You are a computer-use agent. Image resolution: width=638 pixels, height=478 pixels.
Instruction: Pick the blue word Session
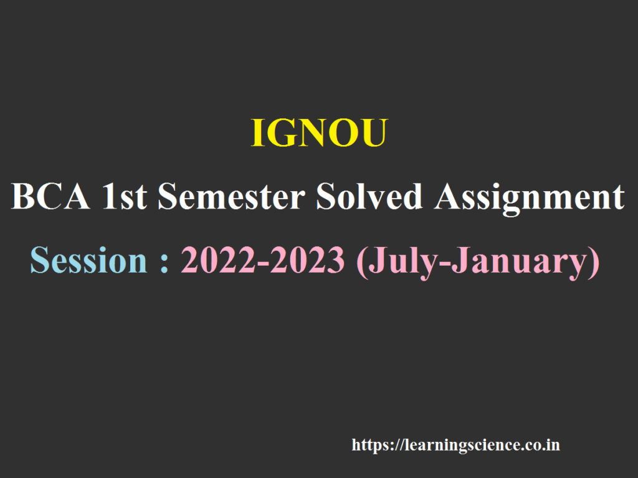(x=88, y=260)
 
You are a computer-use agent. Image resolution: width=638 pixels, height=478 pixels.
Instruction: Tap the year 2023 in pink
(x=308, y=260)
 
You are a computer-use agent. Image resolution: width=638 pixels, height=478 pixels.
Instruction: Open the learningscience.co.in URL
(x=455, y=446)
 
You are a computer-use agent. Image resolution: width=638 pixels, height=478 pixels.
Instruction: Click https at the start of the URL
(x=369, y=446)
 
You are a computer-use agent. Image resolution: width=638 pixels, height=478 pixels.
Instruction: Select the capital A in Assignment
(x=449, y=198)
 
